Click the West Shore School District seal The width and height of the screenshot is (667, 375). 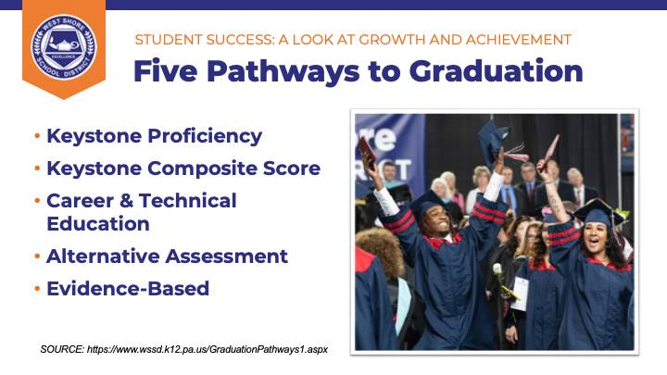[64, 47]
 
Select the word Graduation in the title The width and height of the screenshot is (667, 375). [496, 70]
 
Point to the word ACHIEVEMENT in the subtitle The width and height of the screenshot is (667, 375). [519, 40]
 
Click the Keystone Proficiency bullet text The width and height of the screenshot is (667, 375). [155, 136]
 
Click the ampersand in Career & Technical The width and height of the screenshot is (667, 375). [126, 201]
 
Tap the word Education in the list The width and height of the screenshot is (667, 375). [98, 224]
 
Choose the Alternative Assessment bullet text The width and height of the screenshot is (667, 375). [167, 256]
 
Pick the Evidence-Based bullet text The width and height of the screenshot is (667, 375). [128, 288]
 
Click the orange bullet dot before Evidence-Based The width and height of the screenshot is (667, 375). [37, 289]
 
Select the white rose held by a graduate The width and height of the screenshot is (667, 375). [497, 269]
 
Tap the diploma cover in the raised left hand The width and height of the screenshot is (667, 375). [367, 152]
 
